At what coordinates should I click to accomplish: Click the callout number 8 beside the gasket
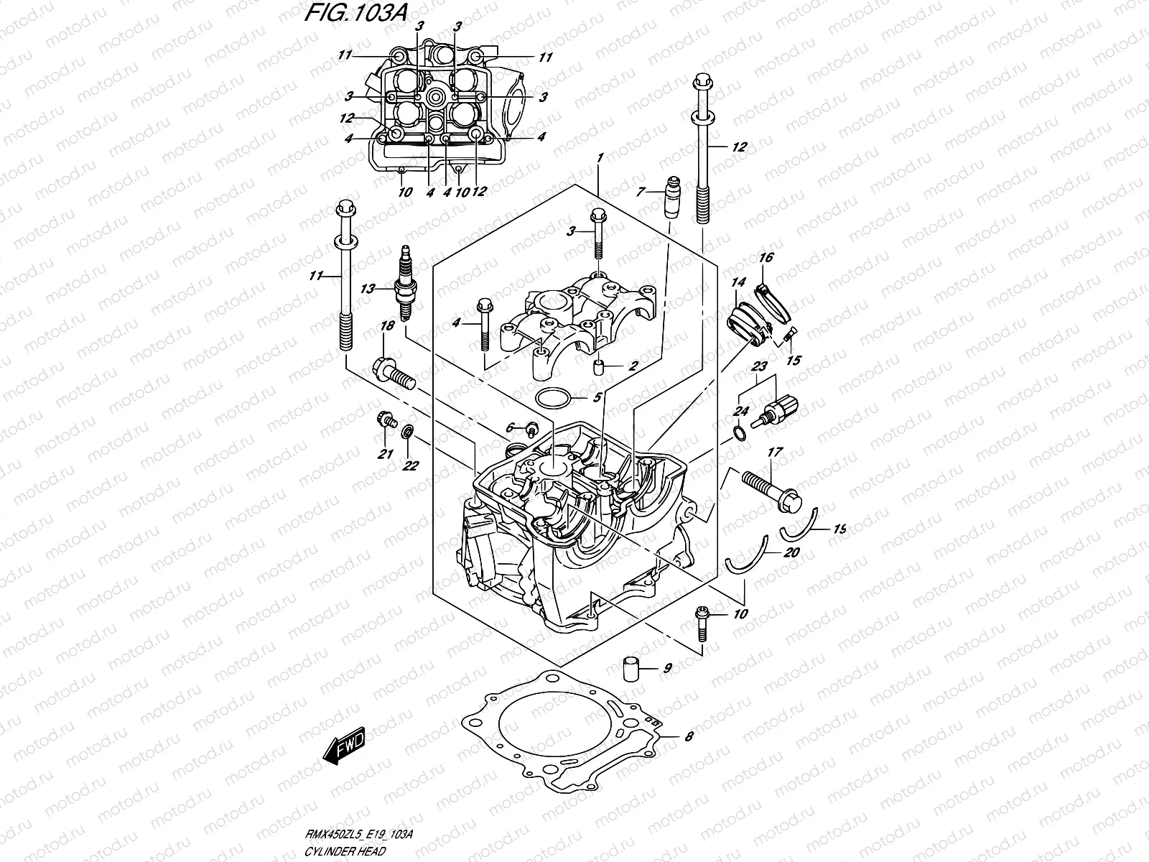point(689,736)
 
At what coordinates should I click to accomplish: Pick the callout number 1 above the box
point(600,157)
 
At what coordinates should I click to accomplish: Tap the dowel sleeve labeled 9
point(630,668)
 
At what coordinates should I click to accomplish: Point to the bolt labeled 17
point(768,489)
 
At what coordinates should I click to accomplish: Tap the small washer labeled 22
point(407,432)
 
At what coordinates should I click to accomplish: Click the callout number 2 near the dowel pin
point(633,366)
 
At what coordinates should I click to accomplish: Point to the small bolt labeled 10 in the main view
point(701,623)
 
